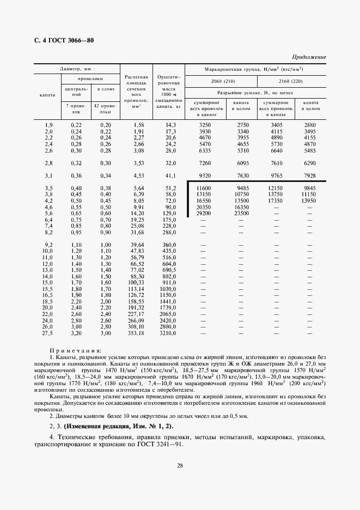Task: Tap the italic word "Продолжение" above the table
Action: [309, 57]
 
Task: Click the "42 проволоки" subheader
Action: [106, 108]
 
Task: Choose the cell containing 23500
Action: [241, 213]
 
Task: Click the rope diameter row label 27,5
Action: [48, 333]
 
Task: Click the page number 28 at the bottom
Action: [179, 465]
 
